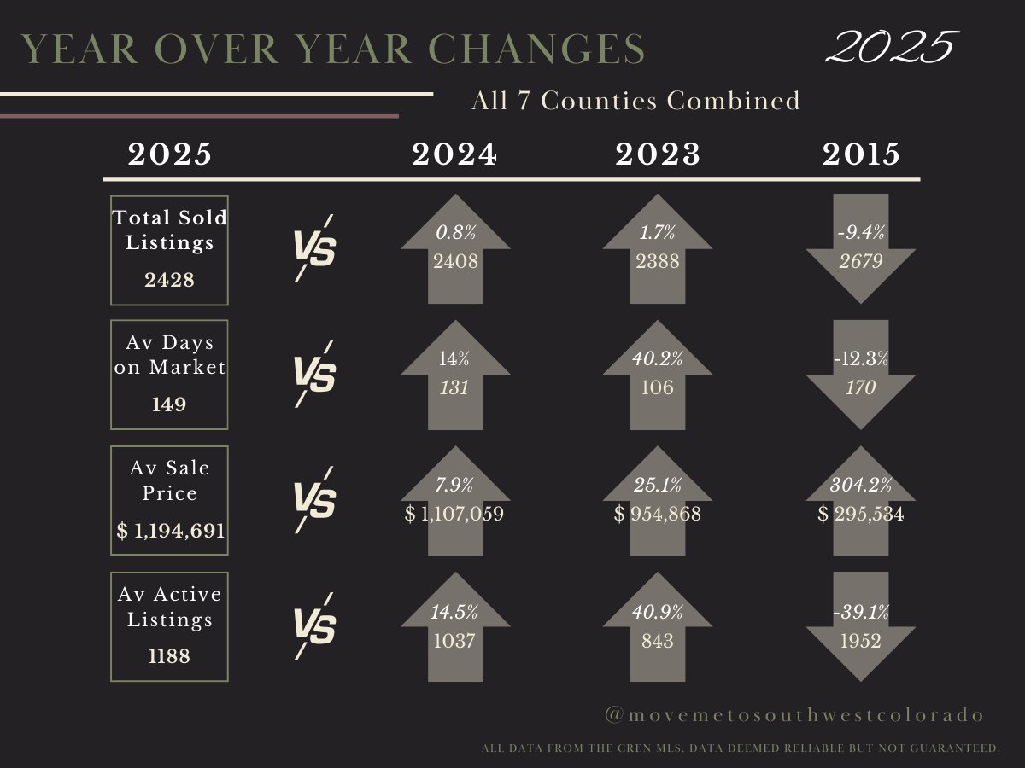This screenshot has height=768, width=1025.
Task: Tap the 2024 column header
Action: tap(454, 154)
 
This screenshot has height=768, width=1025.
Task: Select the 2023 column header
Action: tap(658, 154)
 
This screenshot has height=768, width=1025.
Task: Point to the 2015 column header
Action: tap(861, 154)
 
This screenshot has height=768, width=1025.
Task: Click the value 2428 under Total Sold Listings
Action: tap(169, 279)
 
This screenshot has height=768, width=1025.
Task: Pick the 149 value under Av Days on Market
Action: tap(169, 404)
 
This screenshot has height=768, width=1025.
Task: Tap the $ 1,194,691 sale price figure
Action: tap(171, 531)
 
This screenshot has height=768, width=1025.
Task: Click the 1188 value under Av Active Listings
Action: tap(169, 657)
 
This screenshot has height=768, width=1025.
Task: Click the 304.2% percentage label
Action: tap(861, 486)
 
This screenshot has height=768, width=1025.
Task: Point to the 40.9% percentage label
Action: tap(658, 612)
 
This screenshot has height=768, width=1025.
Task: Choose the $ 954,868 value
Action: tap(658, 515)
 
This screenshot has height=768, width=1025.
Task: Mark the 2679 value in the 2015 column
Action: tap(861, 262)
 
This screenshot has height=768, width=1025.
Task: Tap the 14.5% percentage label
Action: tap(454, 612)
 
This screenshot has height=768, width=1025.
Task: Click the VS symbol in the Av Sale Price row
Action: tap(314, 499)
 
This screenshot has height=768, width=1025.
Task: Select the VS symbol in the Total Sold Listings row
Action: tap(314, 248)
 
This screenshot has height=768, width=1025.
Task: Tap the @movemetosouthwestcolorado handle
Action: tap(794, 715)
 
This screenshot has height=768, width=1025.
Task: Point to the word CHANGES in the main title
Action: tap(547, 49)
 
